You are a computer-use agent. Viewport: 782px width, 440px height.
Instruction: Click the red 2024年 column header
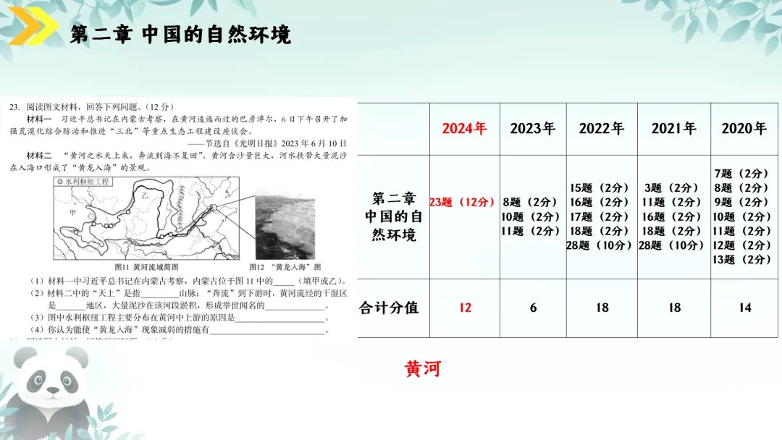click(464, 129)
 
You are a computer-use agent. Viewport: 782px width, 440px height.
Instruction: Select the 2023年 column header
click(533, 129)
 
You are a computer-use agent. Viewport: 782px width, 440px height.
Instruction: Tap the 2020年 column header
click(744, 129)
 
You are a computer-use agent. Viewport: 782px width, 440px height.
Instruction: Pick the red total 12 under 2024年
click(465, 308)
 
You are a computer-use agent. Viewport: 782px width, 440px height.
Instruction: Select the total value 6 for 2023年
click(533, 308)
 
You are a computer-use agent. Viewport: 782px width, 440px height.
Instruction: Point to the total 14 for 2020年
click(744, 308)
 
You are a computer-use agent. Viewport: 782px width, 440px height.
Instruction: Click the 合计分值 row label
click(390, 308)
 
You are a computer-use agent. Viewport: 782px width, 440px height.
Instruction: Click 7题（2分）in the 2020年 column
click(741, 174)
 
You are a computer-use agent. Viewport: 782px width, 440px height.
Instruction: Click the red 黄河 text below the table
click(423, 369)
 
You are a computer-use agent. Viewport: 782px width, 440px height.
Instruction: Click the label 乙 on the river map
click(144, 195)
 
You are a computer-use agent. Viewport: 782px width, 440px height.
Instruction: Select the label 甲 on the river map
click(72, 212)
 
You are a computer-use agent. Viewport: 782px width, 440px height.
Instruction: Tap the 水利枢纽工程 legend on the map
click(83, 182)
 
